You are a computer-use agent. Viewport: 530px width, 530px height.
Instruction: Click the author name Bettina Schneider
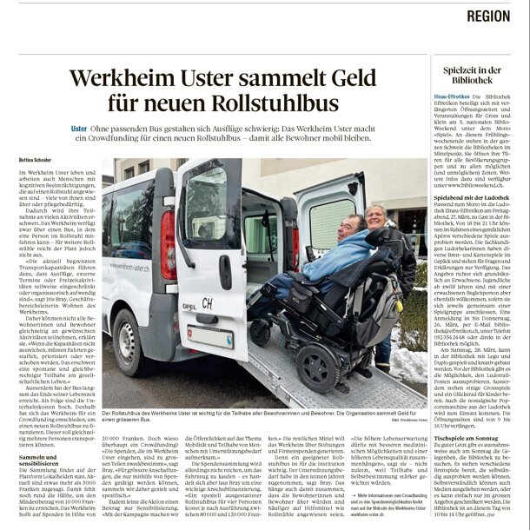pyautogui.click(x=36, y=161)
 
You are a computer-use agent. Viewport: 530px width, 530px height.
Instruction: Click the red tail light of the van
pyautogui.click(x=169, y=245)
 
